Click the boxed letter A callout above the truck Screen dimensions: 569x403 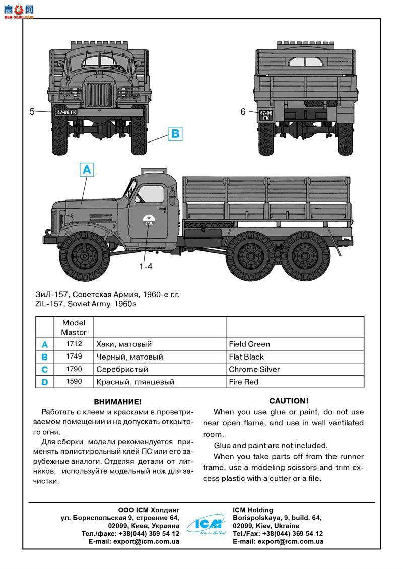pyautogui.click(x=87, y=170)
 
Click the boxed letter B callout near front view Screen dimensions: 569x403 pyautogui.click(x=174, y=134)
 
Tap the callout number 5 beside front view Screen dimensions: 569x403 pyautogui.click(x=32, y=112)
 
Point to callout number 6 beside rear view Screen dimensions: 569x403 pyautogui.click(x=243, y=112)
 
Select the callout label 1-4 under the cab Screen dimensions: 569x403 pyautogui.click(x=146, y=267)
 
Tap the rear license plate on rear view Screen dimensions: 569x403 pyautogui.click(x=265, y=116)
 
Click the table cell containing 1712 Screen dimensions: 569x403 pyautogui.click(x=74, y=344)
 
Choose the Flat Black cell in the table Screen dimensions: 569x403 pyautogui.click(x=295, y=357)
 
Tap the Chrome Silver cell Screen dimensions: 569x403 pyautogui.click(x=295, y=370)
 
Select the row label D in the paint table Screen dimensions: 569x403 pyautogui.click(x=45, y=382)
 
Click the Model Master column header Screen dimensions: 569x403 pyautogui.click(x=74, y=327)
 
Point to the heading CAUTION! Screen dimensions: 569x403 pyautogui.click(x=289, y=401)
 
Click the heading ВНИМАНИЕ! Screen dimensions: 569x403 pyautogui.click(x=118, y=402)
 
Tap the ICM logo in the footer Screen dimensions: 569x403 pyautogui.click(x=206, y=525)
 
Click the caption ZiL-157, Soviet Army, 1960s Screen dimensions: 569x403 pyautogui.click(x=86, y=304)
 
